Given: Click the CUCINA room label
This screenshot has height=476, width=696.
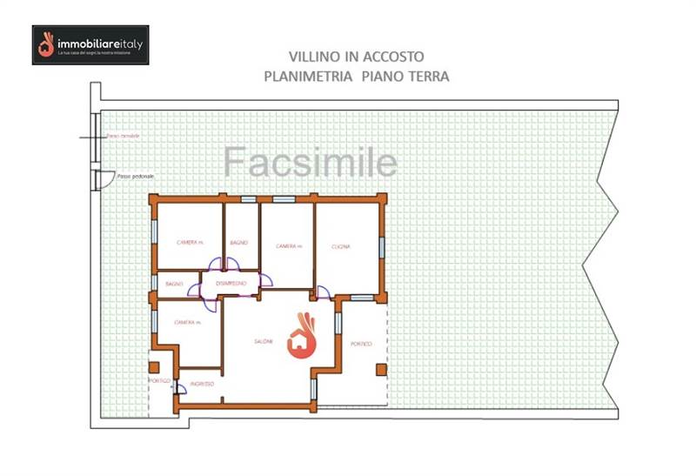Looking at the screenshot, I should point(340,247).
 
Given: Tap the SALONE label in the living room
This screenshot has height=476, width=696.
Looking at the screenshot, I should point(264,341).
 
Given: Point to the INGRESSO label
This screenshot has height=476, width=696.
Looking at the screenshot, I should point(201,384).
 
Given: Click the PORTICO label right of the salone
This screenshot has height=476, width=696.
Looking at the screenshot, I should point(361,345).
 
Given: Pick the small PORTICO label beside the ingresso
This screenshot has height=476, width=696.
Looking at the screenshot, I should point(159,381).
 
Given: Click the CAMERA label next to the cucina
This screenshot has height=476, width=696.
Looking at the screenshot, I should point(288,247).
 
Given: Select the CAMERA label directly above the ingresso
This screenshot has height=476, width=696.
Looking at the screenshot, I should point(187,323).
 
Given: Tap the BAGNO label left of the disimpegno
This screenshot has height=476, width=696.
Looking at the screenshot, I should point(174,284).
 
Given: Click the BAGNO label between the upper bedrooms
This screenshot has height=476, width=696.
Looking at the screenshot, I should point(239,243).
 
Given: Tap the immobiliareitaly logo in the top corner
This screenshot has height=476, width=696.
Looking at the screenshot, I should point(90,45).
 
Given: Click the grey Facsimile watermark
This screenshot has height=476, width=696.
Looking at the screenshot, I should point(311,163).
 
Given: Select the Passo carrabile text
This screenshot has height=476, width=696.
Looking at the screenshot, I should point(122,137).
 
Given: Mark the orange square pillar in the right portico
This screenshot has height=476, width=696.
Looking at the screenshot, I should point(381,369).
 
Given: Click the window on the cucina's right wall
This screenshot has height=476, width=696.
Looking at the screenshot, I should point(380,246).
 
